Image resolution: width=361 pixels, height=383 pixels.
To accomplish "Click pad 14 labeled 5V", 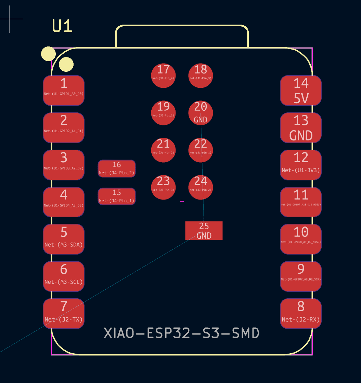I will tap(300, 91).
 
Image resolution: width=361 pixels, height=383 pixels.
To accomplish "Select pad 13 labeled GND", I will tap(300, 128).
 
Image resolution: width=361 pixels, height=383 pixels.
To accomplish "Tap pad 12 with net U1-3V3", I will tap(300, 165).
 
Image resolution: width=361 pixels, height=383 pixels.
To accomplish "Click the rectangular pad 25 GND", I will tap(204, 231).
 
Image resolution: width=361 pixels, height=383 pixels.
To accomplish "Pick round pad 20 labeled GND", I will tap(201, 113).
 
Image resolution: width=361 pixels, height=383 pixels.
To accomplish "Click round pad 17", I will tap(163, 76).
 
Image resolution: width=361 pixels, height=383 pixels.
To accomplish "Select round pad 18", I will tap(201, 76).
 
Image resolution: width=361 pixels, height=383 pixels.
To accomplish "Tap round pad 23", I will tap(163, 187).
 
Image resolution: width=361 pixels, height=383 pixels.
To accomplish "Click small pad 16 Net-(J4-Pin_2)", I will tap(117, 168).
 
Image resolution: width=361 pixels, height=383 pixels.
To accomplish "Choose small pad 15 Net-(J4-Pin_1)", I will tap(117, 196).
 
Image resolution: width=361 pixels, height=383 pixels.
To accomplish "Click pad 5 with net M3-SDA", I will tap(64, 239).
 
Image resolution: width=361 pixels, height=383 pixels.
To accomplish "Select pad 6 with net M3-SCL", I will tap(64, 276).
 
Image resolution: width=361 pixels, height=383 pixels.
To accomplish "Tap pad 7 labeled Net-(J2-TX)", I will tap(64, 314).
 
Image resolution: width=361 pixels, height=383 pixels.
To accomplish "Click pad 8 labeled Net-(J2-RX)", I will tap(300, 314).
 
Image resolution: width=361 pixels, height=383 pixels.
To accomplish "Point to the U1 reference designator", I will tap(62, 26).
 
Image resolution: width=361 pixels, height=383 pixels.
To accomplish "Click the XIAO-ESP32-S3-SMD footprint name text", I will tap(182, 333).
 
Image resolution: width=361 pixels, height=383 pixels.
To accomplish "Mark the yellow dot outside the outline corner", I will tap(48, 54).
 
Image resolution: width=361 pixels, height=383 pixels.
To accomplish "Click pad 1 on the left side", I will tap(64, 91).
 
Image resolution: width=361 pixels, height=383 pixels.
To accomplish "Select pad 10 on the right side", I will tap(300, 239).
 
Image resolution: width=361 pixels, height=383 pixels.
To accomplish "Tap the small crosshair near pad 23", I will tap(182, 202).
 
